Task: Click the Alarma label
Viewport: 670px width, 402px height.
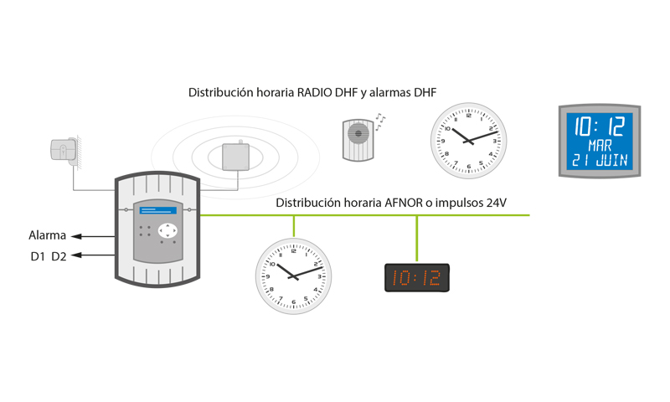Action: [47, 236]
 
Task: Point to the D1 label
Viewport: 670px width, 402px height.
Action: [37, 256]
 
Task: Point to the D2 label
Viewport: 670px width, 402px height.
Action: [59, 256]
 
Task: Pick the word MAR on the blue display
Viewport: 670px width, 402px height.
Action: [600, 143]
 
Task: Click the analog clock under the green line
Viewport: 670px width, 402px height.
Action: [293, 276]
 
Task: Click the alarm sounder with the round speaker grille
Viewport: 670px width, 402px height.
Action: [358, 138]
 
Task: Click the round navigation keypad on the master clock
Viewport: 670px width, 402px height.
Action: [169, 230]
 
